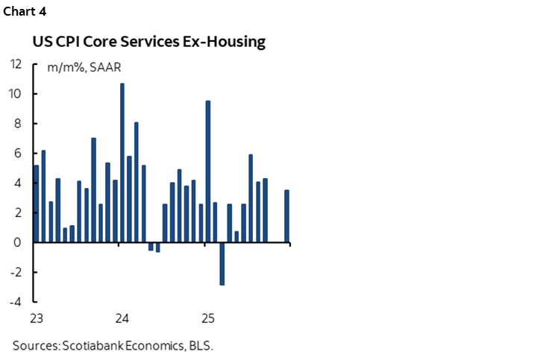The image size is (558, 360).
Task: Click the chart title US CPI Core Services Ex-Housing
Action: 148,42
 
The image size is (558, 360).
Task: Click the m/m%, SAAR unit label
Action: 85,68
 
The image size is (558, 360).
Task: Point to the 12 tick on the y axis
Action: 16,64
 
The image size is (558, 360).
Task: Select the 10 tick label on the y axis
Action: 16,94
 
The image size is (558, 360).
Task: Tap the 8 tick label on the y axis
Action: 19,124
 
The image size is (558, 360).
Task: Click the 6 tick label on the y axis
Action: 19,154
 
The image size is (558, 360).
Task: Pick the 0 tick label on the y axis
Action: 19,243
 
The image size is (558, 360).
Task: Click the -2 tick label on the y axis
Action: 17,273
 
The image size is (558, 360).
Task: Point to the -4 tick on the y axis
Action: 17,303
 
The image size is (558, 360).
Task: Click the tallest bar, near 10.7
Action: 122,162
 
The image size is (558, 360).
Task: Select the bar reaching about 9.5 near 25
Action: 208,171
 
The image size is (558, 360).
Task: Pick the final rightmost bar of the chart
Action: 286,216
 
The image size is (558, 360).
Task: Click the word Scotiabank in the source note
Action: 89,345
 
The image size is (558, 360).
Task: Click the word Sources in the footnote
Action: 33,345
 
